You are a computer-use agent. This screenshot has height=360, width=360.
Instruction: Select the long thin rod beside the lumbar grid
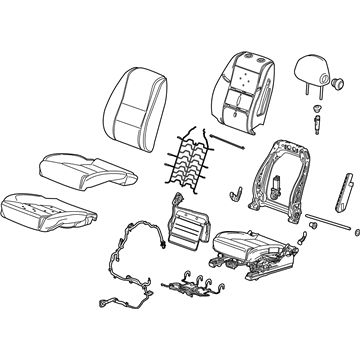coord(236,141)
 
